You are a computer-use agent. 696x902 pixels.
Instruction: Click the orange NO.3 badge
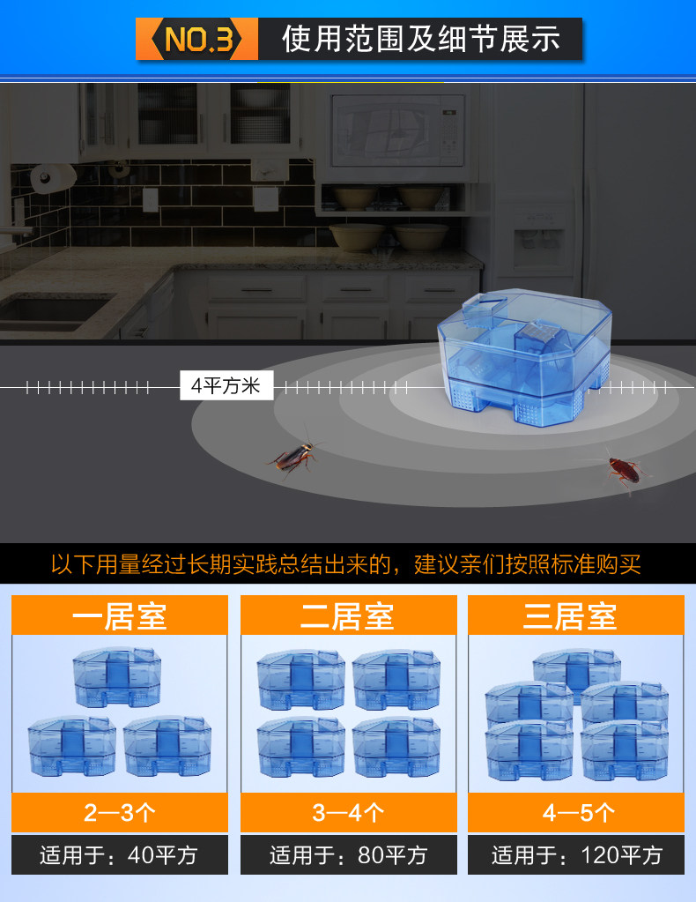[x=196, y=40]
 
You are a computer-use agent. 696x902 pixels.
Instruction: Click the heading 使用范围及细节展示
[x=420, y=40]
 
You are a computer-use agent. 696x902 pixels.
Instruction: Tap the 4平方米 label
[x=226, y=386]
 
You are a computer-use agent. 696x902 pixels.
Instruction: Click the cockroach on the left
[x=294, y=457]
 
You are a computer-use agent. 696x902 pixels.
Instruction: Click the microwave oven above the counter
[x=397, y=132]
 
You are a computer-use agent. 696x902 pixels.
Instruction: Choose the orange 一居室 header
[x=120, y=615]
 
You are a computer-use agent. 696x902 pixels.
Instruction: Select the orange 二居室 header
[x=348, y=615]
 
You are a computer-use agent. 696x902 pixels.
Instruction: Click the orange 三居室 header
[x=575, y=615]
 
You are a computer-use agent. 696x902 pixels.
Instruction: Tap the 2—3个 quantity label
[x=120, y=812]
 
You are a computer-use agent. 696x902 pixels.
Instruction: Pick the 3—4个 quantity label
[x=348, y=812]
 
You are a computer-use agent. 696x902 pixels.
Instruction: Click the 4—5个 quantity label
[x=575, y=812]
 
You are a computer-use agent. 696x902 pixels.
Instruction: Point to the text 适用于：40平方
[x=120, y=855]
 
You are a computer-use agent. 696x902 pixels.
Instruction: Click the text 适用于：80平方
[x=348, y=855]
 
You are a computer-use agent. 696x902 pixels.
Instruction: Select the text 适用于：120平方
[x=575, y=855]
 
